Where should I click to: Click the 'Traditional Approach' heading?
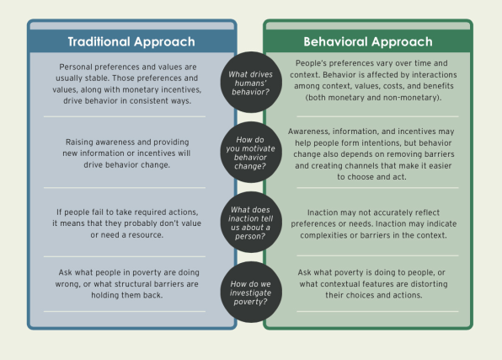(131, 41)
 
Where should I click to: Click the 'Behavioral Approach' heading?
(368, 41)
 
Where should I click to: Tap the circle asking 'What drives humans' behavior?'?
(251, 83)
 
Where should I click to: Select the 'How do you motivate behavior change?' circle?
(251, 153)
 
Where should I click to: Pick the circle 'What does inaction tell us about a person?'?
(251, 223)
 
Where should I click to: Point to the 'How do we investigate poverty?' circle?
(251, 292)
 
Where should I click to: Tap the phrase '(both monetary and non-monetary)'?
(373, 98)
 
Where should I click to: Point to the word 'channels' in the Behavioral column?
(352, 166)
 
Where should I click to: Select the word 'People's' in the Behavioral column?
(309, 63)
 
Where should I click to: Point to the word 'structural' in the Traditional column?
(133, 284)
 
